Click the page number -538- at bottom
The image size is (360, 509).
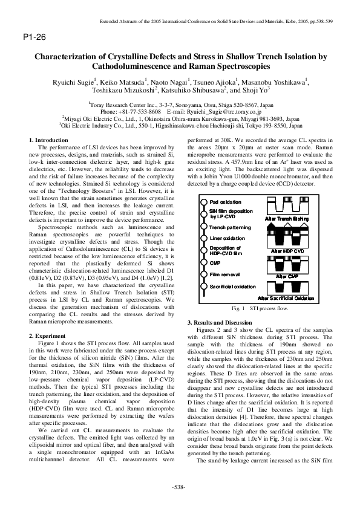(180, 487)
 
